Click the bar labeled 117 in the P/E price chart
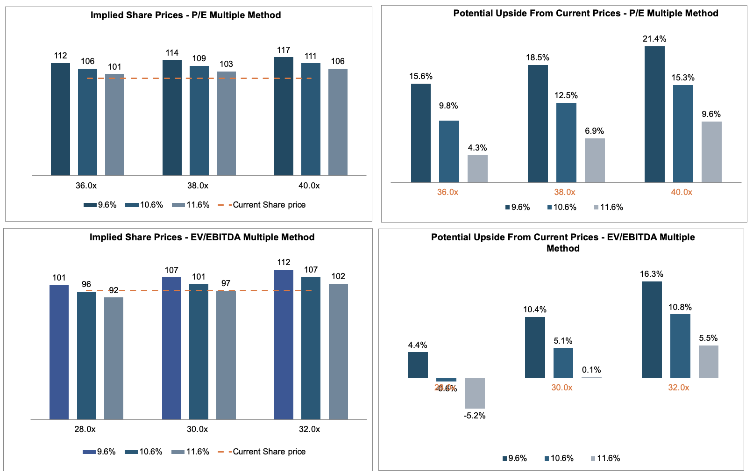click(284, 116)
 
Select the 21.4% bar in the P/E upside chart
click(654, 114)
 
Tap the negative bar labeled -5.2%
click(475, 393)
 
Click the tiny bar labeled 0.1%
click(591, 377)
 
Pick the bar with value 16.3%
click(652, 329)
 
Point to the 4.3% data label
click(477, 148)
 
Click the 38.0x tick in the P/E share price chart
click(198, 186)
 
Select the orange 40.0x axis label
click(682, 192)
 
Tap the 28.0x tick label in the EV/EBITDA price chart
click(85, 429)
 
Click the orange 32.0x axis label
click(678, 388)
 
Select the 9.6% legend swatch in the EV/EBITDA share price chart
click(89, 452)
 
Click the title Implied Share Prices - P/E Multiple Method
click(185, 15)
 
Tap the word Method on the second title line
click(563, 248)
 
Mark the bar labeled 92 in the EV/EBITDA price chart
click(114, 358)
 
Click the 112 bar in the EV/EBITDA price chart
click(284, 344)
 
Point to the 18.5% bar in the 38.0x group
click(538, 123)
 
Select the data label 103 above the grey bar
click(226, 64)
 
